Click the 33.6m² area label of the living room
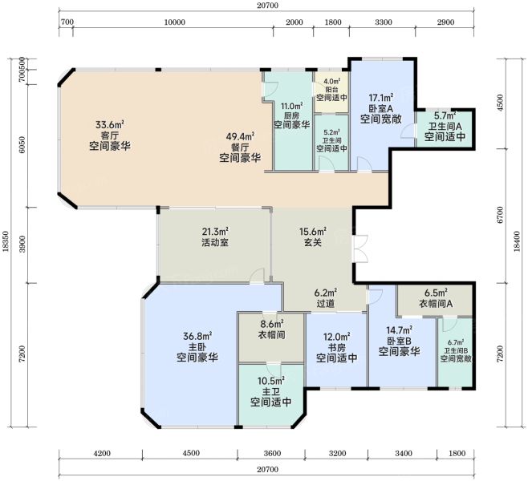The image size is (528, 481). point(110,125)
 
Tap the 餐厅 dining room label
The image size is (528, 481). point(240,147)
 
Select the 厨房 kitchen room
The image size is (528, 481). point(293,121)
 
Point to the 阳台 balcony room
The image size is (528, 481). point(331,92)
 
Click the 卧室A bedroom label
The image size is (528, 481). point(381,108)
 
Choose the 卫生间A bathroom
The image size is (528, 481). point(445,129)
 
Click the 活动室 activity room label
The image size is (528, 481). point(215,242)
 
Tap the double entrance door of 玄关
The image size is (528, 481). point(359,249)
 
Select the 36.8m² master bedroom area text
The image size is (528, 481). point(197,336)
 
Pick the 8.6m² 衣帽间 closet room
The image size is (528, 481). point(271,338)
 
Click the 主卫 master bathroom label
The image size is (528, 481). point(271,391)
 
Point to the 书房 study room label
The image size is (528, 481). point(336,347)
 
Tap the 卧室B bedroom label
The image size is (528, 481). point(399,341)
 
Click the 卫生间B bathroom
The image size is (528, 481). point(455,352)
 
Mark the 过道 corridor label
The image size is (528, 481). point(326,303)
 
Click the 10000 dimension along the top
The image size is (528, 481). point(174,22)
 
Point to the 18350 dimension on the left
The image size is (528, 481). point(6,243)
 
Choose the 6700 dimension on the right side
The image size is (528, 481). point(500,215)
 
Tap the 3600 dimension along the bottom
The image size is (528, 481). point(272,454)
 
